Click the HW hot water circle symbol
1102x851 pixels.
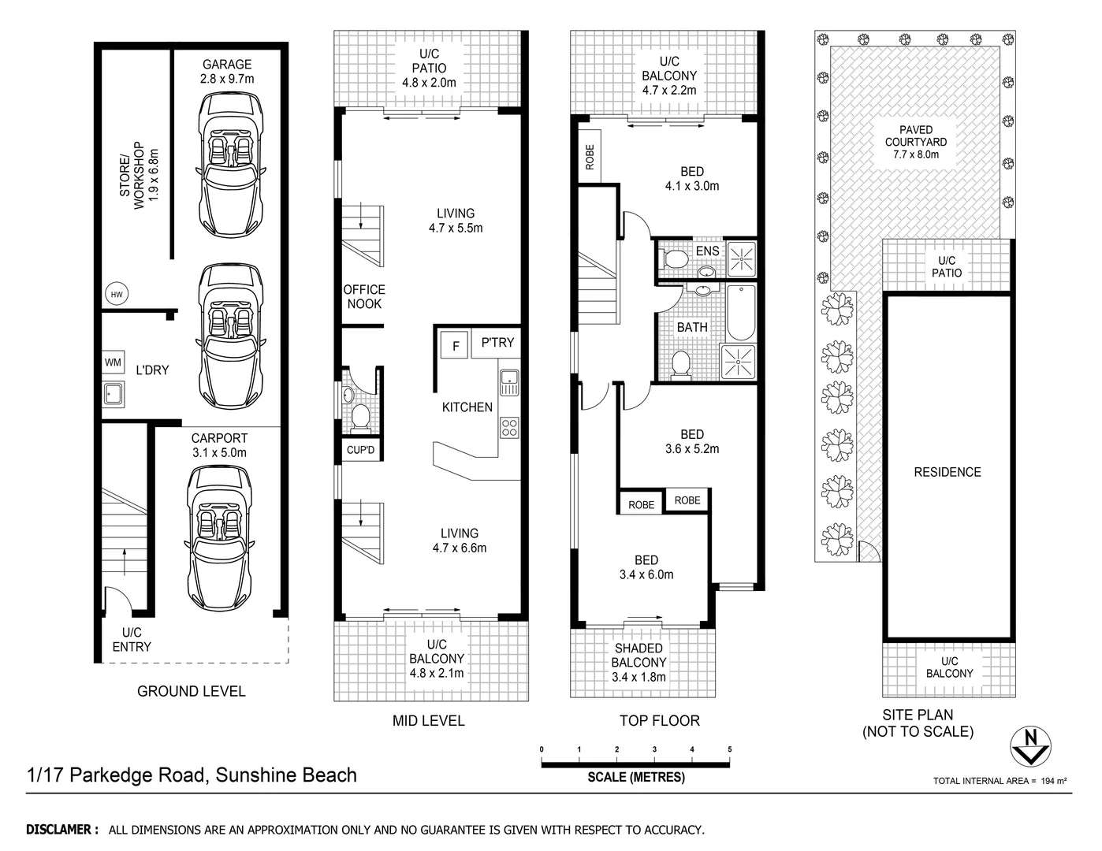[x=117, y=295]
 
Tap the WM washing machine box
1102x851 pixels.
[x=114, y=362]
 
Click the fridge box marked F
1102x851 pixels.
[x=455, y=345]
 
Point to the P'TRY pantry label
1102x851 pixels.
[x=497, y=343]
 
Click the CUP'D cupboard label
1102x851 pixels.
[x=360, y=451]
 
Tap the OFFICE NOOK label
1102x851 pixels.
[x=364, y=297]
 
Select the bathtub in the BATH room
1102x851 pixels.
[x=741, y=312]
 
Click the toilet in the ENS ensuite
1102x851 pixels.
[x=673, y=258]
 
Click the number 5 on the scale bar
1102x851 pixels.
[x=730, y=749]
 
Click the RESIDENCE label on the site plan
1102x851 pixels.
[x=947, y=472]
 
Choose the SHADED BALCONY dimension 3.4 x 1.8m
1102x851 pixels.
[x=638, y=677]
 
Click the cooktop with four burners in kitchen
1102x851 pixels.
[x=508, y=429]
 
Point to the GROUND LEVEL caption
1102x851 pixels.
[x=191, y=692]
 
